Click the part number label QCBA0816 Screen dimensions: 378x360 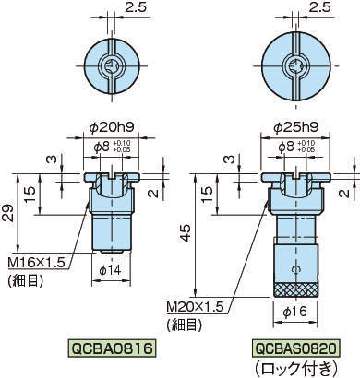[112, 348]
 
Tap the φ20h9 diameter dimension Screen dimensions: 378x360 [111, 128]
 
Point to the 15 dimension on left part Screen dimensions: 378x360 [31, 193]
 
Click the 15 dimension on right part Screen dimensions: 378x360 [209, 193]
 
